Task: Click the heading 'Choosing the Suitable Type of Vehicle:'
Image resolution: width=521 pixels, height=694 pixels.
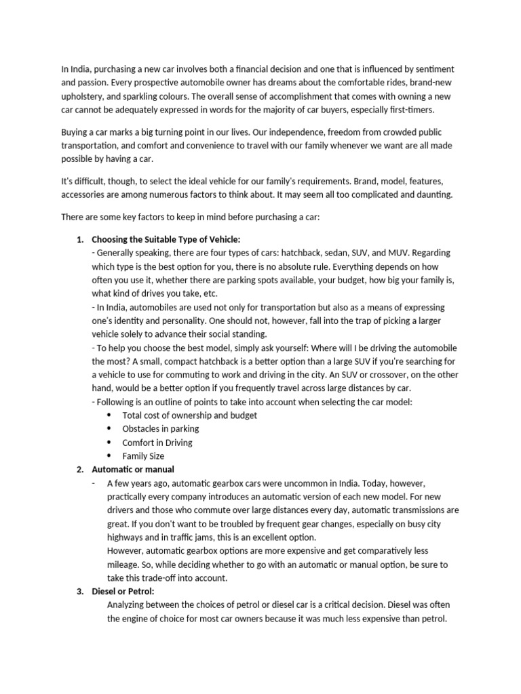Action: (166, 239)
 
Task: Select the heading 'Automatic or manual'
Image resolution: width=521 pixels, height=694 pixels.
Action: (133, 469)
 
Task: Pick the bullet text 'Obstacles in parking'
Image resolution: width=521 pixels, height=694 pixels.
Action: (161, 428)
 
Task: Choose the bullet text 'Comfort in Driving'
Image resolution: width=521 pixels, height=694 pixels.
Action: (157, 443)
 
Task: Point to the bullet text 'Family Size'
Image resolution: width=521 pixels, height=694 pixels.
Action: (143, 456)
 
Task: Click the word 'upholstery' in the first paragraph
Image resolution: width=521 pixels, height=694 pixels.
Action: (83, 96)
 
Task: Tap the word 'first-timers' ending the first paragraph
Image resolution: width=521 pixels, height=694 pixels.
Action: (410, 110)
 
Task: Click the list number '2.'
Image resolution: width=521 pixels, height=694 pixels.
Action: (79, 469)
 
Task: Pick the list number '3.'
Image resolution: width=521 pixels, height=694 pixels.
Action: (79, 591)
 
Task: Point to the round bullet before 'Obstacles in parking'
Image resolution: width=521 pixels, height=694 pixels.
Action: (109, 429)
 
